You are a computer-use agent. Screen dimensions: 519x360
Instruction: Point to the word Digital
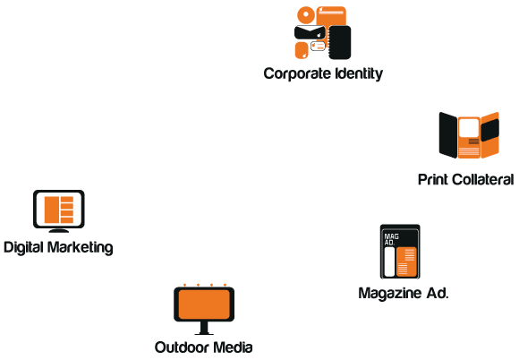coord(23,248)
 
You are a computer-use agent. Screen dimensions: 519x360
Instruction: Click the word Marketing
coord(81,248)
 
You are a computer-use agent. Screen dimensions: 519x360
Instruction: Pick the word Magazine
coord(390,294)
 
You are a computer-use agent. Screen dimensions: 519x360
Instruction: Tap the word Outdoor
coord(182,347)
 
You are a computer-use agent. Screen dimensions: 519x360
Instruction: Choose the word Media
coord(233,347)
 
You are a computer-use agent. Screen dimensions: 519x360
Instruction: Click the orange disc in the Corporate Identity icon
coord(306,15)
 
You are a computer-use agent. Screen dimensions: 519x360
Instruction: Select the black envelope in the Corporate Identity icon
coord(310,32)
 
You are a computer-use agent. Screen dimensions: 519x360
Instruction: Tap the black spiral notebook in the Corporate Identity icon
coord(340,42)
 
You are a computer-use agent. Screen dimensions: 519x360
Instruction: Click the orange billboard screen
coord(204,304)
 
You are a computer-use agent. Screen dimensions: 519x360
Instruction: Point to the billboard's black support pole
coord(204,328)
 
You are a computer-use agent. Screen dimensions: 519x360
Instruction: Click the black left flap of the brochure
coord(447,135)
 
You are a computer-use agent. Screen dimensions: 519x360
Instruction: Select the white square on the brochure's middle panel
coord(469,128)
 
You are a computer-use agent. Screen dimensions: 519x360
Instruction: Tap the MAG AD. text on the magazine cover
coord(391,239)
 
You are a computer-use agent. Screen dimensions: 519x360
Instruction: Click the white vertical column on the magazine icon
coord(389,261)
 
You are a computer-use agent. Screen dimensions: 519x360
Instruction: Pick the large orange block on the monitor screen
coord(52,210)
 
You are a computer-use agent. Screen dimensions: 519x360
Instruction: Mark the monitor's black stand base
coord(59,230)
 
